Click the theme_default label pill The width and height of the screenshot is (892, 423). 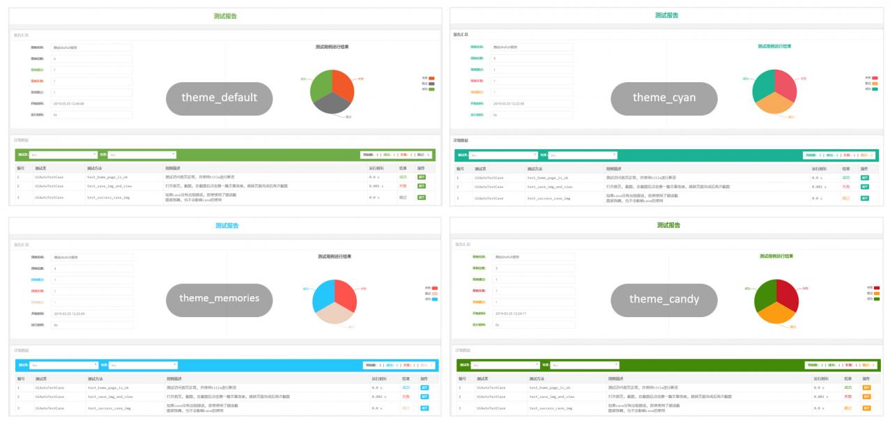point(220,98)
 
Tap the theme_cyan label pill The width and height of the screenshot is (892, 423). point(663,98)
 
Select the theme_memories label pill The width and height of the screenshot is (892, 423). point(220,298)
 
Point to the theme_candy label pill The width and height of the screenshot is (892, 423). point(663,298)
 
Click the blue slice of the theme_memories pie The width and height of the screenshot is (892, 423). point(323,295)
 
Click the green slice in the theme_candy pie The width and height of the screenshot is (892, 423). point(764,295)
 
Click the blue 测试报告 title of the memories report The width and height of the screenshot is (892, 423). point(227,226)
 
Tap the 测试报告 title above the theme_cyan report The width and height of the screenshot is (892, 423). point(667,15)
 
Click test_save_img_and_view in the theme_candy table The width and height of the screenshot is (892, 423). point(551,396)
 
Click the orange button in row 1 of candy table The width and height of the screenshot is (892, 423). point(867,387)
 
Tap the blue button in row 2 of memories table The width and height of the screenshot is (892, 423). point(424,397)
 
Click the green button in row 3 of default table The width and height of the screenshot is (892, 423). point(422,197)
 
